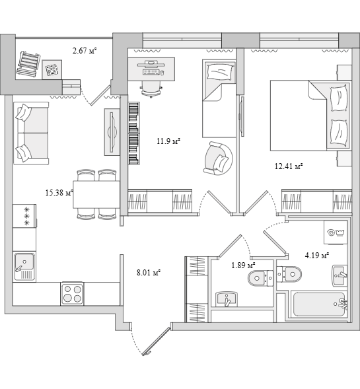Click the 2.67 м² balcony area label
click(x=85, y=51)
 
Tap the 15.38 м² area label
click(x=59, y=192)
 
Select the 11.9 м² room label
click(x=168, y=141)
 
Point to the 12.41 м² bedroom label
click(x=289, y=166)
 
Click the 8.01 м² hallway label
click(x=149, y=273)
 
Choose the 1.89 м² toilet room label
click(x=243, y=265)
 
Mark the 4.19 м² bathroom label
click(x=317, y=256)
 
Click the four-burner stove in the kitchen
click(x=72, y=294)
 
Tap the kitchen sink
click(x=24, y=267)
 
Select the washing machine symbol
click(x=335, y=232)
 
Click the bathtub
click(x=318, y=304)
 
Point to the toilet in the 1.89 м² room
click(x=260, y=278)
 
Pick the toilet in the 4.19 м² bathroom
click(x=289, y=274)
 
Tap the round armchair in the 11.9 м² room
click(x=218, y=159)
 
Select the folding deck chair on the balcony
click(x=28, y=63)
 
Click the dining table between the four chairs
click(x=96, y=194)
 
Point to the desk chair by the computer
click(x=151, y=89)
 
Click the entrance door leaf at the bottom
click(x=157, y=342)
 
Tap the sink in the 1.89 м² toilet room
click(x=227, y=299)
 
